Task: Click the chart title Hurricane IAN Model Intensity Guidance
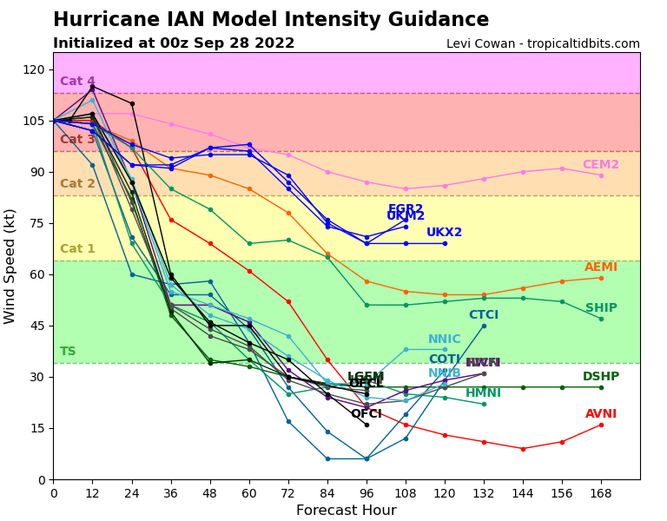coord(271,20)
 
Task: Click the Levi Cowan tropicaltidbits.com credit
coord(543,44)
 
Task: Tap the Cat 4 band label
coord(77,82)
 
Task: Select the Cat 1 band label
coord(77,249)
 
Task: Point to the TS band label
coord(68,352)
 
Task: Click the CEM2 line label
coord(600,165)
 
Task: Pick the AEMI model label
coord(600,267)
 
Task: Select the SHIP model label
coord(601,308)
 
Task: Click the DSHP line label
coord(600,377)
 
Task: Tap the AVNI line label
coord(600,414)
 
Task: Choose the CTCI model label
coord(484,315)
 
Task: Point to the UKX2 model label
coord(444,233)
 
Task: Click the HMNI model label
coord(483,393)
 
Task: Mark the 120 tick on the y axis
coord(34,69)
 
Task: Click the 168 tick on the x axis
coord(601,492)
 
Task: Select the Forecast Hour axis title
coord(346,511)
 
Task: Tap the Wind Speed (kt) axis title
coord(11,266)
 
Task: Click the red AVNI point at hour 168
coord(601,425)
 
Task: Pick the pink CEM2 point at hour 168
coord(601,175)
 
